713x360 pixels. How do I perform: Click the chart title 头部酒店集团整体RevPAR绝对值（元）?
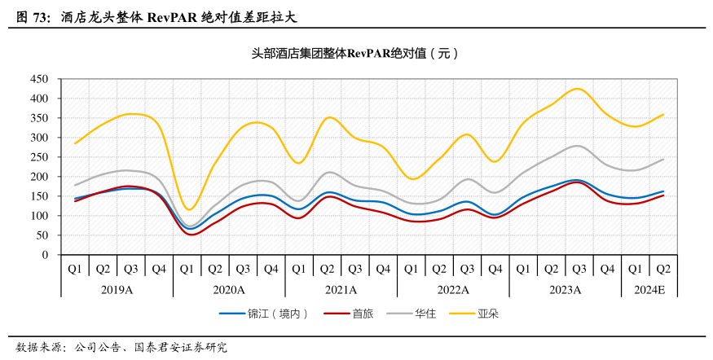point(355,54)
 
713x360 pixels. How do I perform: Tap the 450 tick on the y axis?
point(40,79)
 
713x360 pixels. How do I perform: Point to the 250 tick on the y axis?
point(40,157)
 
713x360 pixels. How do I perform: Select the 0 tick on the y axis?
point(46,255)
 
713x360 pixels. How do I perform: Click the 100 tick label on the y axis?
point(40,216)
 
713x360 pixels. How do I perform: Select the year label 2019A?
point(117,289)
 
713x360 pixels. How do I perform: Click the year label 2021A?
point(341,289)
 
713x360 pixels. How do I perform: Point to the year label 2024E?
point(649,289)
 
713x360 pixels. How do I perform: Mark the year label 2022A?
point(453,289)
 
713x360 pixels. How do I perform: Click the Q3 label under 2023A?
point(579,269)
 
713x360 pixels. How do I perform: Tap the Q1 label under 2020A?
point(187,269)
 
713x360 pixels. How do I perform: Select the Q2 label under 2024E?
point(663,269)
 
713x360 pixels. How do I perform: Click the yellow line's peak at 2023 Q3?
point(578,88)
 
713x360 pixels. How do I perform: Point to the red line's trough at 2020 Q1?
point(191,235)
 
